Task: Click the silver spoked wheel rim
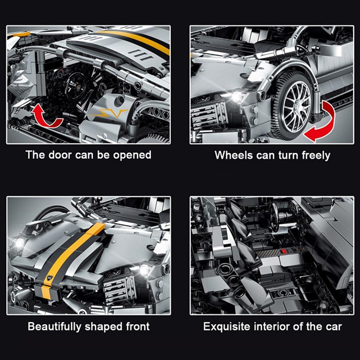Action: coord(296,106)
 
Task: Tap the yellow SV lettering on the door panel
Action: coord(109,113)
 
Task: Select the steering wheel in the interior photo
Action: coord(274,217)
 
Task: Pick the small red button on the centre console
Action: coord(284,251)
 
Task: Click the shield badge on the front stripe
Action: coord(49,278)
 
